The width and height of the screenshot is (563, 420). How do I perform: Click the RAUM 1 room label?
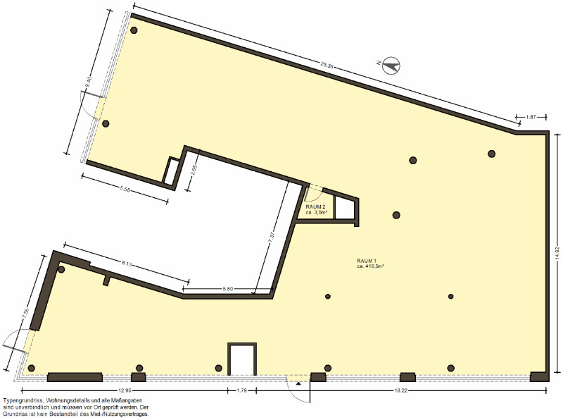pyautogui.click(x=366, y=261)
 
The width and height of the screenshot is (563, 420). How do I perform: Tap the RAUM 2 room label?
pyautogui.click(x=315, y=206)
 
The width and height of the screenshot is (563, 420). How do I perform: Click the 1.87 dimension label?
pyautogui.click(x=531, y=117)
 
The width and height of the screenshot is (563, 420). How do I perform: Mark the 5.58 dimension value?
pyautogui.click(x=125, y=190)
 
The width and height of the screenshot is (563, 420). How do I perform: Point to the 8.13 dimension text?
pyautogui.click(x=127, y=264)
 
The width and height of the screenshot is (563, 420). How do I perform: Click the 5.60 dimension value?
pyautogui.click(x=228, y=288)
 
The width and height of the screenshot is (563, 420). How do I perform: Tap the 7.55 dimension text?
pyautogui.click(x=25, y=312)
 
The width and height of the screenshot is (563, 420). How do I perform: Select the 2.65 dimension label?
pyautogui.click(x=194, y=170)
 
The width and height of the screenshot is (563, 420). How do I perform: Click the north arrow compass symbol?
pyautogui.click(x=391, y=66)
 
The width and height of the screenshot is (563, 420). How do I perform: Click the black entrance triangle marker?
pyautogui.click(x=298, y=383)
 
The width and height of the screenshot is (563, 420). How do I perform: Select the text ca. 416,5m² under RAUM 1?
pyautogui.click(x=368, y=266)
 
